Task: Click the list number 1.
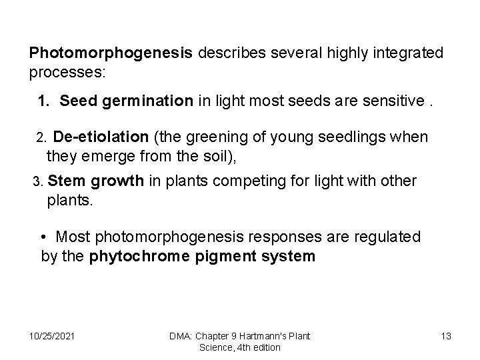[43, 101]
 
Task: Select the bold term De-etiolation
[101, 137]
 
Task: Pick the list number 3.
[38, 181]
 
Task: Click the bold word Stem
[63, 181]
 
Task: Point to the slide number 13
[445, 335]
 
